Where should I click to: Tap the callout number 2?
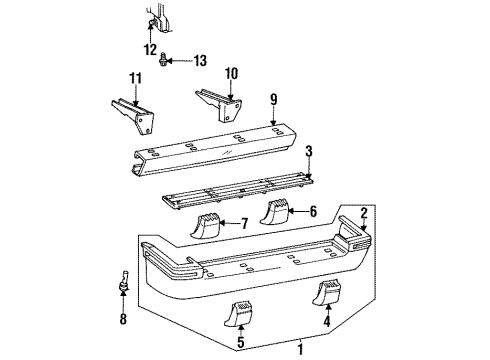364,211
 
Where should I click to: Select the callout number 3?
308,151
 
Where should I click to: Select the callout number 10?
231,73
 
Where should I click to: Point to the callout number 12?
151,49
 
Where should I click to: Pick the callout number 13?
199,62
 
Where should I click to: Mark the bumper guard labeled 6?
277,211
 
